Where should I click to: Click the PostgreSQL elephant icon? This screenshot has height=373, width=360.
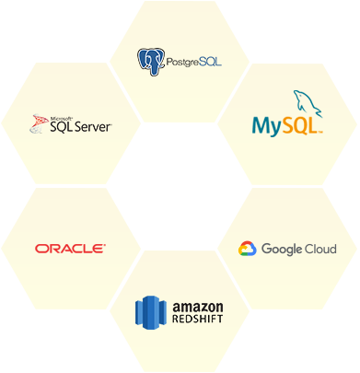(x=151, y=62)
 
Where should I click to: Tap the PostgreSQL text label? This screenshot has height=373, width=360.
(x=194, y=63)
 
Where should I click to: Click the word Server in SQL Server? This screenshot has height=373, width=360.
(x=93, y=127)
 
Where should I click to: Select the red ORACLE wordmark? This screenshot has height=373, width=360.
(x=70, y=248)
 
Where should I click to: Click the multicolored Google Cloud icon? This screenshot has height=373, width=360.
(x=247, y=249)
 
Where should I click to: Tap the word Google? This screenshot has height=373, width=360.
(x=283, y=250)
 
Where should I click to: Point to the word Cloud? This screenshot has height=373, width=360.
(x=321, y=249)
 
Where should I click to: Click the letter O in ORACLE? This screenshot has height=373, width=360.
(x=41, y=248)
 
